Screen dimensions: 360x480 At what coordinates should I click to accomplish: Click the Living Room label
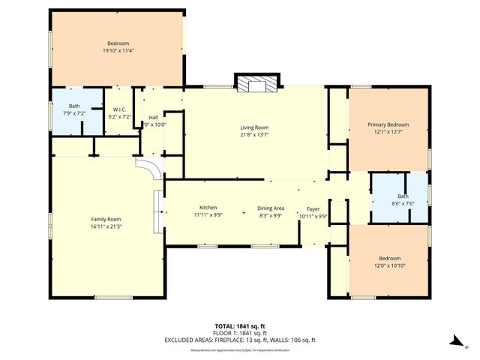[254, 127]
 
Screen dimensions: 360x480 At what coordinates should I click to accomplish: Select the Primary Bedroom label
[388, 124]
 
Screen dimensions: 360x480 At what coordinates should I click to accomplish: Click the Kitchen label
[208, 207]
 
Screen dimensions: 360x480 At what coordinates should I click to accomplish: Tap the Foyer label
[313, 209]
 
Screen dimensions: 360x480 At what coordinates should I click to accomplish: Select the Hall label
[153, 117]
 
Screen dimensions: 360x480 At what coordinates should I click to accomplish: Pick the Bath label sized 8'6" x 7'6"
[397, 196]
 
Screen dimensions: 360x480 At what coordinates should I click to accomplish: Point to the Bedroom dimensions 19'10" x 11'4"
[118, 50]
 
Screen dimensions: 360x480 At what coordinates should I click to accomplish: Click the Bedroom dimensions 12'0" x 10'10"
[389, 265]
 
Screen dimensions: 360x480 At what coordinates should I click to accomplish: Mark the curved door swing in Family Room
[148, 170]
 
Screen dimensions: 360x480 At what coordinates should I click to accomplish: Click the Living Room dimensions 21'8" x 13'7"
[254, 136]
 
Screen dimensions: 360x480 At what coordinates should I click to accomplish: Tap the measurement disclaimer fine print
[239, 349]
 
